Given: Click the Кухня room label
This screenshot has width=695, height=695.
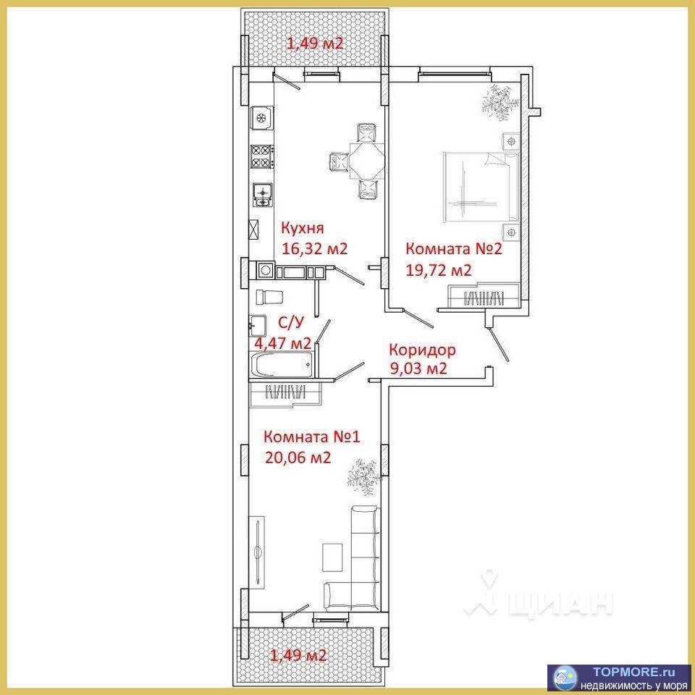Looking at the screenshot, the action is [x=303, y=228].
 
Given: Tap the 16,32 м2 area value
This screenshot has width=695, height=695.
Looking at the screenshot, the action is [x=315, y=248].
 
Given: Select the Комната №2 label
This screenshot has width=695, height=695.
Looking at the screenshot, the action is [x=454, y=248].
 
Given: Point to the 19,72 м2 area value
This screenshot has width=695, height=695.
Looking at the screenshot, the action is [x=439, y=270].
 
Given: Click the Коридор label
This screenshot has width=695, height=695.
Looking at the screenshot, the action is [x=422, y=350].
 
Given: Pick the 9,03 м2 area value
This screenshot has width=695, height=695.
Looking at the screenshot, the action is [x=418, y=368].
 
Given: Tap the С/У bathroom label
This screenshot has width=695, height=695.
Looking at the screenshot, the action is [x=291, y=323].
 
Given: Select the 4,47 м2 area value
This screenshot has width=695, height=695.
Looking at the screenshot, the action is [x=282, y=342].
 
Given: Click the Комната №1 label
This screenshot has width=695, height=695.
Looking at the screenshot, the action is [x=312, y=437].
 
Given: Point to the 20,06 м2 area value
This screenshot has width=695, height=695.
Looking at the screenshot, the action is [x=298, y=457].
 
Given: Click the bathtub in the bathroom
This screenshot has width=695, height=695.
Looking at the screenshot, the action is [x=282, y=365].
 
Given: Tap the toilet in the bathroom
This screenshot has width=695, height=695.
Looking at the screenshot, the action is [x=269, y=297].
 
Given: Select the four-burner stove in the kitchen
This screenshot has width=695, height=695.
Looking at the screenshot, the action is [x=261, y=157].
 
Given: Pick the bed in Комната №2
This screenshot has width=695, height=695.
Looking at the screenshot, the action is [x=481, y=187].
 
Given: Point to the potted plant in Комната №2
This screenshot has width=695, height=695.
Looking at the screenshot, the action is [x=500, y=102].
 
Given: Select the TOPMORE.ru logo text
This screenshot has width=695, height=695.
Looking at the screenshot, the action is [x=634, y=673].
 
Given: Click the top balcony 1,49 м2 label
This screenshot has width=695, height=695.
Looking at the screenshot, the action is [x=316, y=43].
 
